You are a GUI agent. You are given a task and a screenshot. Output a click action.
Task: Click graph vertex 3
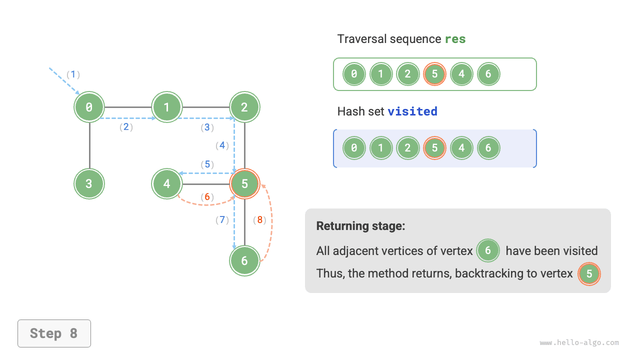(x=89, y=184)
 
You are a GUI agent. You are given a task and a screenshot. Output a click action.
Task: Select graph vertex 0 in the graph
(x=89, y=107)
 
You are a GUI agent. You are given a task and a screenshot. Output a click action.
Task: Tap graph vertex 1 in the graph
(x=167, y=107)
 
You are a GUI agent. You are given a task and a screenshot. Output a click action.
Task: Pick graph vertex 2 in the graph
(x=244, y=107)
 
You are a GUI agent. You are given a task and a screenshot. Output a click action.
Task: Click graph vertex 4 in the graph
(x=167, y=184)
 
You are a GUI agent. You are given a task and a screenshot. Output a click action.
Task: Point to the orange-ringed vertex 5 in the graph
(x=244, y=184)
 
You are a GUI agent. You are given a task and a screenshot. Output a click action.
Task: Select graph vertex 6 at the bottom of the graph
(x=244, y=260)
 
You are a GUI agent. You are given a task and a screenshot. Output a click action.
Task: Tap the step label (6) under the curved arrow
(x=207, y=197)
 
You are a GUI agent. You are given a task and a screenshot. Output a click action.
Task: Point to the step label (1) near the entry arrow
(x=73, y=74)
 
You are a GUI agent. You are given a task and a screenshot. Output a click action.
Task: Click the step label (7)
(x=222, y=219)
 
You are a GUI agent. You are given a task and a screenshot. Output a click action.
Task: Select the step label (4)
(x=222, y=145)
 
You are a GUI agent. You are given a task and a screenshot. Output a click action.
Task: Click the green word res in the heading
(x=455, y=39)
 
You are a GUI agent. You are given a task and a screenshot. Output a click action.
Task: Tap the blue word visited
(x=412, y=111)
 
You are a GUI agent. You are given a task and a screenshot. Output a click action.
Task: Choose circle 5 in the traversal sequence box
(x=434, y=74)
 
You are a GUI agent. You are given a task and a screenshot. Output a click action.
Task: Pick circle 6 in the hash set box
(x=488, y=148)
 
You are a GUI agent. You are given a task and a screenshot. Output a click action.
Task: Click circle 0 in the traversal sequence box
(x=354, y=74)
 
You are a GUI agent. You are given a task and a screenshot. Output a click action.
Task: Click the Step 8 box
(x=54, y=333)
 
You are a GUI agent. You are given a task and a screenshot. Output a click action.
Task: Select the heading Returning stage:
(x=360, y=226)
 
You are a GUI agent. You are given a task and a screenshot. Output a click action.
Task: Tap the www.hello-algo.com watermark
(x=579, y=343)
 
